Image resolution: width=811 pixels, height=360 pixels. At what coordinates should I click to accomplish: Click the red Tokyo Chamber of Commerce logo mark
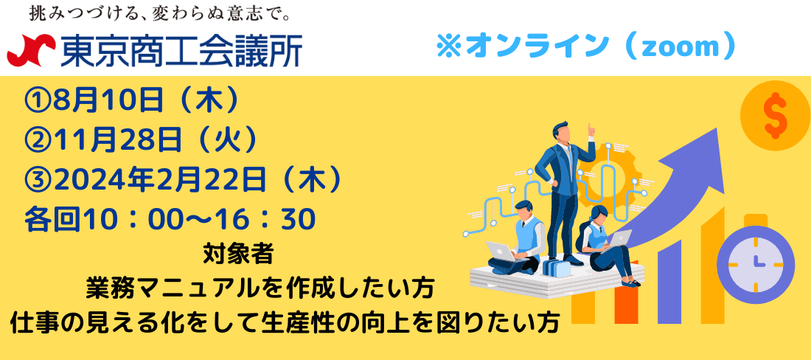coord(31,50)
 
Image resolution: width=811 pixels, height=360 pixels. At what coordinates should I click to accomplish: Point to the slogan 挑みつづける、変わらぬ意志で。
coord(159,13)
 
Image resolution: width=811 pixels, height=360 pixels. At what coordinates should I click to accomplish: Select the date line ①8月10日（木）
coord(132,101)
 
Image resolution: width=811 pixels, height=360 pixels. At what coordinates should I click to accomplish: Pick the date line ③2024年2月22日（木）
coord(184,180)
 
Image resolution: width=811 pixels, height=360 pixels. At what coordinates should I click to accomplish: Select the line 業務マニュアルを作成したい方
coord(260,288)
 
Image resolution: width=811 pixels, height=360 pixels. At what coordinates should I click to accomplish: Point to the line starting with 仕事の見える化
coord(285,323)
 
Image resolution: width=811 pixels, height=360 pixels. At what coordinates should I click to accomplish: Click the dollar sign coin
coord(776,116)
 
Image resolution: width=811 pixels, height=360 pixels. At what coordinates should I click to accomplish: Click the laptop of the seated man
coord(501,252)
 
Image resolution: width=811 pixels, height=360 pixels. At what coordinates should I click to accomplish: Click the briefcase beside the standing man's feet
coord(557,267)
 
